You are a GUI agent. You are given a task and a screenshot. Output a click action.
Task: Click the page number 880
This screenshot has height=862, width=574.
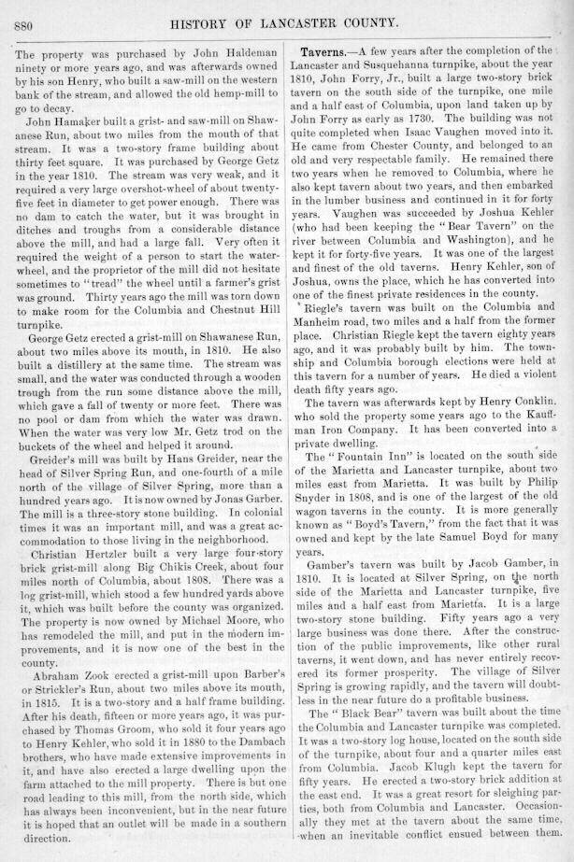click(25, 24)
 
